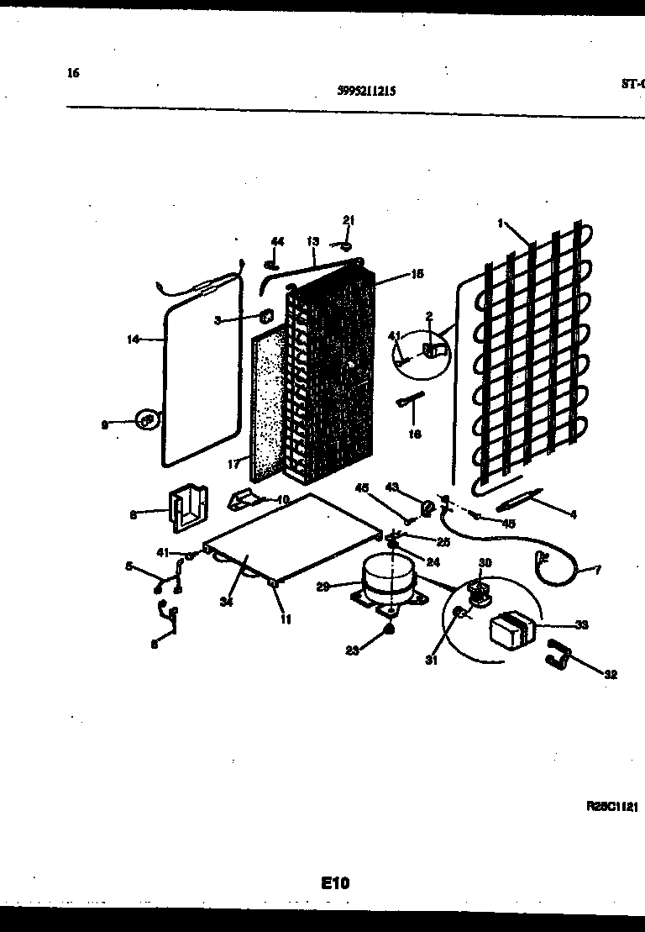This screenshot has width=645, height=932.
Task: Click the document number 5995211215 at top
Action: [366, 92]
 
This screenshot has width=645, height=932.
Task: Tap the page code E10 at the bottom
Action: [334, 882]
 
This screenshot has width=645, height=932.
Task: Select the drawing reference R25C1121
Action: [612, 806]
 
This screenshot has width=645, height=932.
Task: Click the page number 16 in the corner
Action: [73, 73]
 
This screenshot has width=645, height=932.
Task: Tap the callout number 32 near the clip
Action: [610, 673]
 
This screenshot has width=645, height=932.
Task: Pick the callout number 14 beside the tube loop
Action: [133, 340]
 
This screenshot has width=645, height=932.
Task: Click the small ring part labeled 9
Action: [148, 418]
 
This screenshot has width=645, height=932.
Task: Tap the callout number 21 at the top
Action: [349, 220]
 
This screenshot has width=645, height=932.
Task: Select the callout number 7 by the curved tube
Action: [598, 571]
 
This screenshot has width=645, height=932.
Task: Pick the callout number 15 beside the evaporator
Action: [417, 273]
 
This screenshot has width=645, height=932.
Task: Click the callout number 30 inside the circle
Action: [485, 562]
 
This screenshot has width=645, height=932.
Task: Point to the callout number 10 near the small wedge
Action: [282, 499]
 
